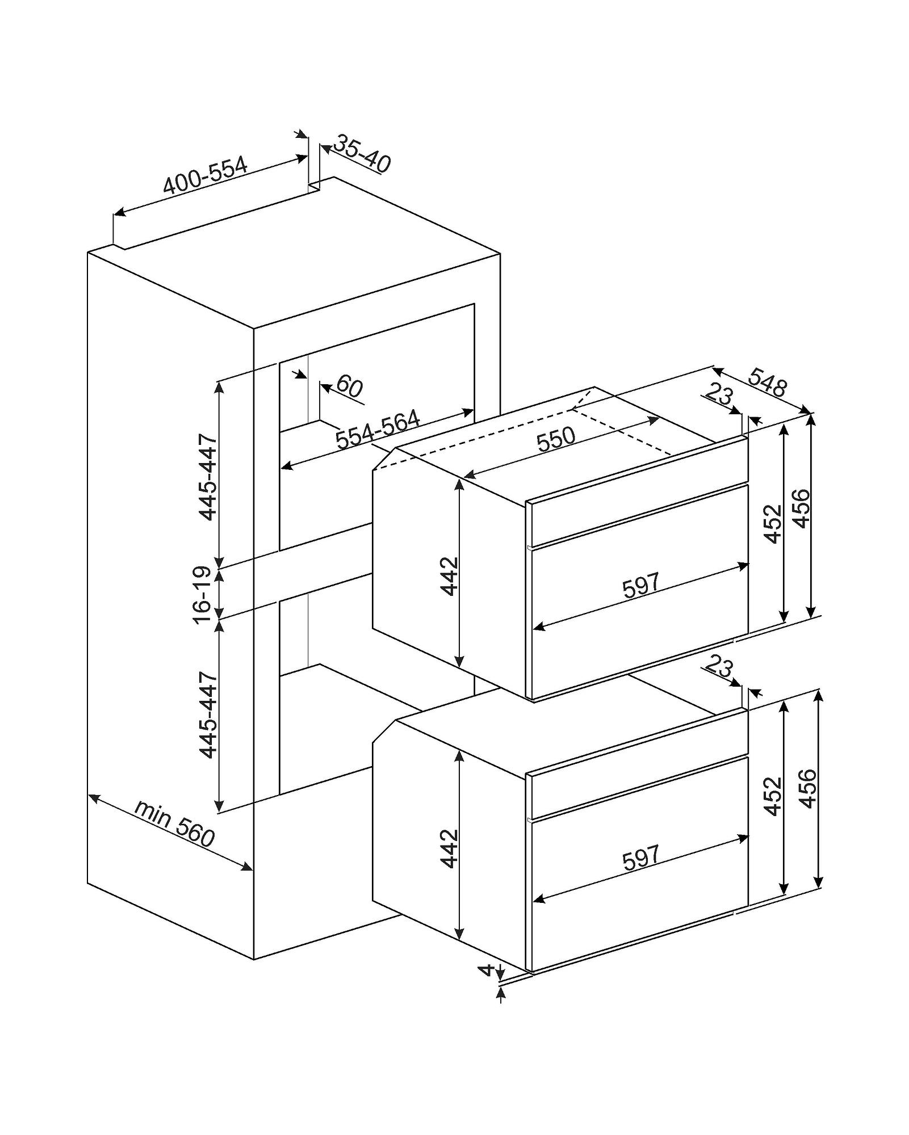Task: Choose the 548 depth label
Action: click(768, 382)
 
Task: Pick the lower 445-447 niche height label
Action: click(207, 714)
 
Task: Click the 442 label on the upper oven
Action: click(449, 576)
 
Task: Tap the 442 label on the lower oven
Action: click(449, 848)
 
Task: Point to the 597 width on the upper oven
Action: click(641, 585)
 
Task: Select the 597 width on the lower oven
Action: click(641, 857)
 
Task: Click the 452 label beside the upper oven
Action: click(773, 523)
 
